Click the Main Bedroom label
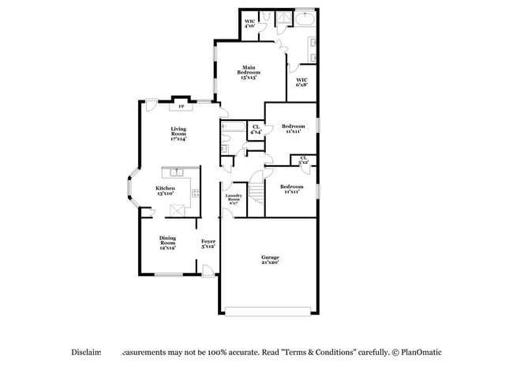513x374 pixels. [249, 73]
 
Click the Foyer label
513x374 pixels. [208, 244]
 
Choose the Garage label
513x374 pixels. [270, 259]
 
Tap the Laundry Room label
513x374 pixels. [233, 198]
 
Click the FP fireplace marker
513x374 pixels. [181, 106]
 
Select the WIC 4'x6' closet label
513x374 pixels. [249, 24]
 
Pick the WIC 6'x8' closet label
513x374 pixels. [301, 81]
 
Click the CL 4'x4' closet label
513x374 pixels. [256, 130]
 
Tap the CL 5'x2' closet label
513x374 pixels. [304, 160]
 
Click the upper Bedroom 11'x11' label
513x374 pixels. [294, 128]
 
